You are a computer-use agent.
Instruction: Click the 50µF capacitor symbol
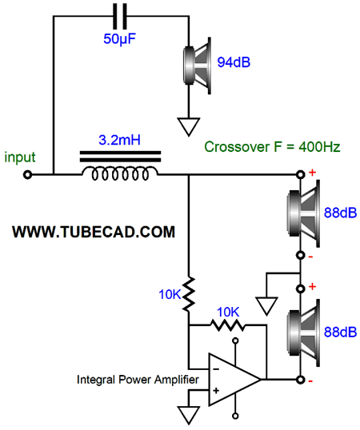tap(120, 16)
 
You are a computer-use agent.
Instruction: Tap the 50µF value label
tap(119, 38)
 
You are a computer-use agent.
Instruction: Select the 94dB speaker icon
tap(198, 66)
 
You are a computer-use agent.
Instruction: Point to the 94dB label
tap(234, 62)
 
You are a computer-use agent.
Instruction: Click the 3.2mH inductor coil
tap(120, 173)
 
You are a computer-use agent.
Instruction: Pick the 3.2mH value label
tap(119, 140)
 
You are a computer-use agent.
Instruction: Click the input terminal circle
tap(27, 174)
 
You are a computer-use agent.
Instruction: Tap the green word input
tap(20, 157)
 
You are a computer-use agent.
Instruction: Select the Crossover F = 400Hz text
tap(272, 147)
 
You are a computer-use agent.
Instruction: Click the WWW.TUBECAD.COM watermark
tap(94, 232)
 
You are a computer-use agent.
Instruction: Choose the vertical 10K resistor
tap(189, 294)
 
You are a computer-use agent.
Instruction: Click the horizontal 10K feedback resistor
tap(228, 325)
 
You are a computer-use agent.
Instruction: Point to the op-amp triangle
tap(234, 380)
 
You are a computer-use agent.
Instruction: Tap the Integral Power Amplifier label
tap(138, 380)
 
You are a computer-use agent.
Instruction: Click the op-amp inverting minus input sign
tap(216, 369)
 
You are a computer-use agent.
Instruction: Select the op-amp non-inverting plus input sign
tap(216, 390)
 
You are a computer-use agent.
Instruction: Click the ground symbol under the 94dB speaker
tap(189, 127)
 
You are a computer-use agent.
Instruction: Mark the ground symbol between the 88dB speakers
tap(266, 306)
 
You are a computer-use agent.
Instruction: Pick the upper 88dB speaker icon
tap(303, 213)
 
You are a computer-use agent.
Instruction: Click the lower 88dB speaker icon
tap(303, 332)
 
